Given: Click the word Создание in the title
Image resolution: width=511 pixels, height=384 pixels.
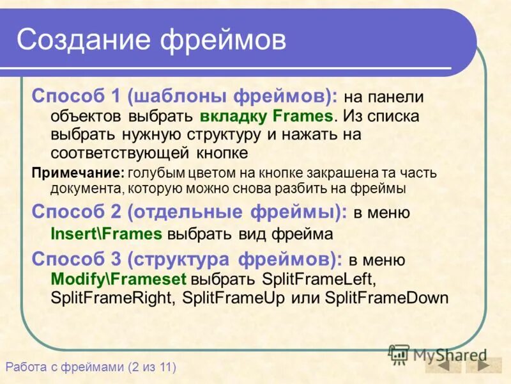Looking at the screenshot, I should point(82,39).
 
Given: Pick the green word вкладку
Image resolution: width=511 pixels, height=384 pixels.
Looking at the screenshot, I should point(233,116).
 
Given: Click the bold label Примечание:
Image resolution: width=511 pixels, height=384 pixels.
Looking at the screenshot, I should point(78,173).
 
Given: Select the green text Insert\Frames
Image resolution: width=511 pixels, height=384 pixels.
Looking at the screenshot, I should point(106,234).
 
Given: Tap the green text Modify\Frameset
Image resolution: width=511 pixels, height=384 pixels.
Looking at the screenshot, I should point(118,280).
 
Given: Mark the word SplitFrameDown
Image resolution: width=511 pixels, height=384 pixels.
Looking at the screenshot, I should point(386,298).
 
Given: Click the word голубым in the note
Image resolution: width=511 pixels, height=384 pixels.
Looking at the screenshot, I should point(152,173).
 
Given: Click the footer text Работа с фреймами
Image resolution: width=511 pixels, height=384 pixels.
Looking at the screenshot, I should point(64,367).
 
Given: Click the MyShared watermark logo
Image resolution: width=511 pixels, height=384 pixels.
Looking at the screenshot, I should point(437,354).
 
